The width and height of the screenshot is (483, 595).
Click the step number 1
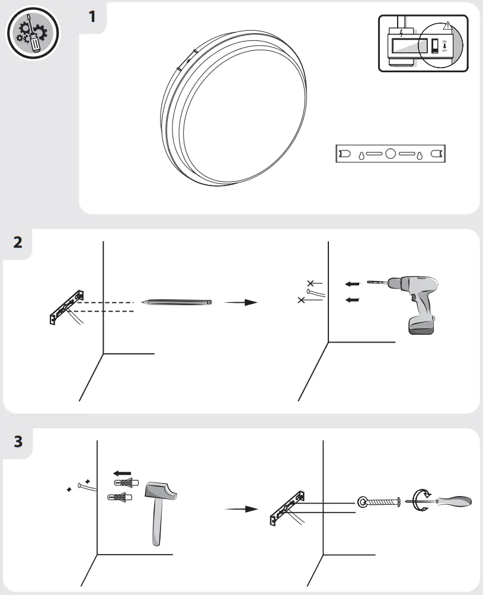pos(92,16)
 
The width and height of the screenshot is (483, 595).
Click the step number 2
pos(18,242)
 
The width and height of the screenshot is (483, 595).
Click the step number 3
pos(18,442)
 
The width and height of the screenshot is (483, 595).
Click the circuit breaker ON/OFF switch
pos(435,46)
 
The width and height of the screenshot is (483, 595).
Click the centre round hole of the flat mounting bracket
pos(390,154)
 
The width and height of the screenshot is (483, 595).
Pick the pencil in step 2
pos(177,302)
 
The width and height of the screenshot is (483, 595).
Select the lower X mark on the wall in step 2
pos(302,300)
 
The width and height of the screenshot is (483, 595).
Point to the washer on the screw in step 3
pos(362,502)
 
